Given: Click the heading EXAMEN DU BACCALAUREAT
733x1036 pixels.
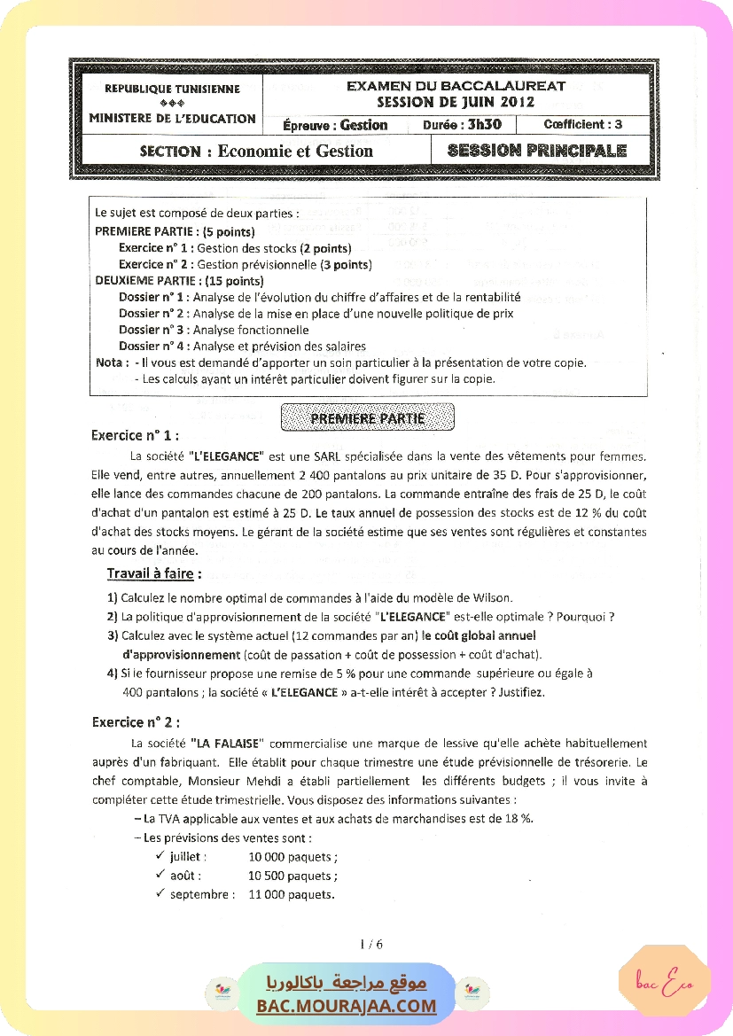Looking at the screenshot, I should (x=456, y=86).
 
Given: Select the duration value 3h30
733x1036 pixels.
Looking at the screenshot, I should (x=485, y=125).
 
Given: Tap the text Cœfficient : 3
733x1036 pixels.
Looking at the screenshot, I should (x=582, y=125).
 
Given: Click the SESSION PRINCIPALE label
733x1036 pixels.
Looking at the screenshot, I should (x=537, y=151).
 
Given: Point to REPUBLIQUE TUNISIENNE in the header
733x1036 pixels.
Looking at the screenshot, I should (x=172, y=89).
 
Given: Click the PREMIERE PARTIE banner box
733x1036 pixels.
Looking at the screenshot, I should (x=368, y=418).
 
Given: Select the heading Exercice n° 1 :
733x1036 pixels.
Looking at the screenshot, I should (x=135, y=435).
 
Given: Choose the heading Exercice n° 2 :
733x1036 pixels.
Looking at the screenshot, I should (x=136, y=721).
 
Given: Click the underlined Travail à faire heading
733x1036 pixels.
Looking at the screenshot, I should (x=153, y=573).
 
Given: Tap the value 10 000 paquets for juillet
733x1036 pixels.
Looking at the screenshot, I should (x=292, y=857).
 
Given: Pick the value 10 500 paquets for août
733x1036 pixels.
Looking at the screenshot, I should (x=292, y=876).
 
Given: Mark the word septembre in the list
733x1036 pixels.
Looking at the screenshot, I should (x=202, y=894).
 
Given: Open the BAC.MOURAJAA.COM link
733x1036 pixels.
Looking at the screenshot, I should (x=347, y=1005).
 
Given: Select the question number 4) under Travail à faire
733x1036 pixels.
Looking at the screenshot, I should (x=113, y=674).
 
